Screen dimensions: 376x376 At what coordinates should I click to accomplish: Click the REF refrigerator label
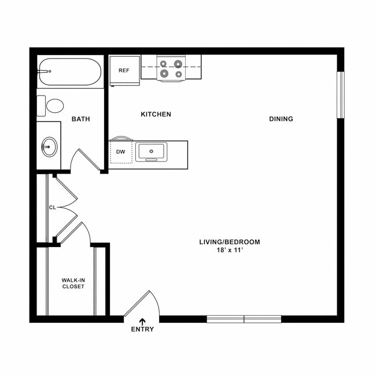pos(124,71)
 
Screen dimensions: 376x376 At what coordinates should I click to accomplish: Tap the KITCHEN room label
pos(156,115)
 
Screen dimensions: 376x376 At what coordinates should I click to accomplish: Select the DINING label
pos(281,119)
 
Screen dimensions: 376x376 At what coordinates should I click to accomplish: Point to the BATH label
pos(80,119)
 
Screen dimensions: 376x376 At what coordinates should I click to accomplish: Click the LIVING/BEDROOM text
pos(230,242)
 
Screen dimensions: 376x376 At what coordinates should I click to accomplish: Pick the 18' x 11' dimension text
pos(230,250)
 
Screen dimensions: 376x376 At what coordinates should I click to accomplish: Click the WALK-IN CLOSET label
pos(73,283)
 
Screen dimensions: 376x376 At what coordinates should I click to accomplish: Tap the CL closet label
pos(52,207)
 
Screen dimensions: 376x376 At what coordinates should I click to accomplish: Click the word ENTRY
pos(142,330)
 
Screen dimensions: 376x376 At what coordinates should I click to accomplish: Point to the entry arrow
pos(142,321)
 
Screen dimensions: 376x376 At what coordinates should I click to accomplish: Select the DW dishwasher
pos(121,152)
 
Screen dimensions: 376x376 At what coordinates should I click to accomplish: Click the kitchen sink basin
pos(152,152)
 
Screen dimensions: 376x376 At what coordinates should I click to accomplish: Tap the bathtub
pos(69,72)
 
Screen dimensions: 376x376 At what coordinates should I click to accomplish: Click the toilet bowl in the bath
pos(55,106)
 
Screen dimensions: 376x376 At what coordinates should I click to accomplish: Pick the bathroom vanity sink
pos(50,147)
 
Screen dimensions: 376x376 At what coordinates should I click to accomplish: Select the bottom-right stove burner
pos(179,74)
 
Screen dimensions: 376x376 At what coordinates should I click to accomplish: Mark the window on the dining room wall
pos(340,95)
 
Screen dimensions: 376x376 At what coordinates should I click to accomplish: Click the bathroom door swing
pos(84,160)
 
